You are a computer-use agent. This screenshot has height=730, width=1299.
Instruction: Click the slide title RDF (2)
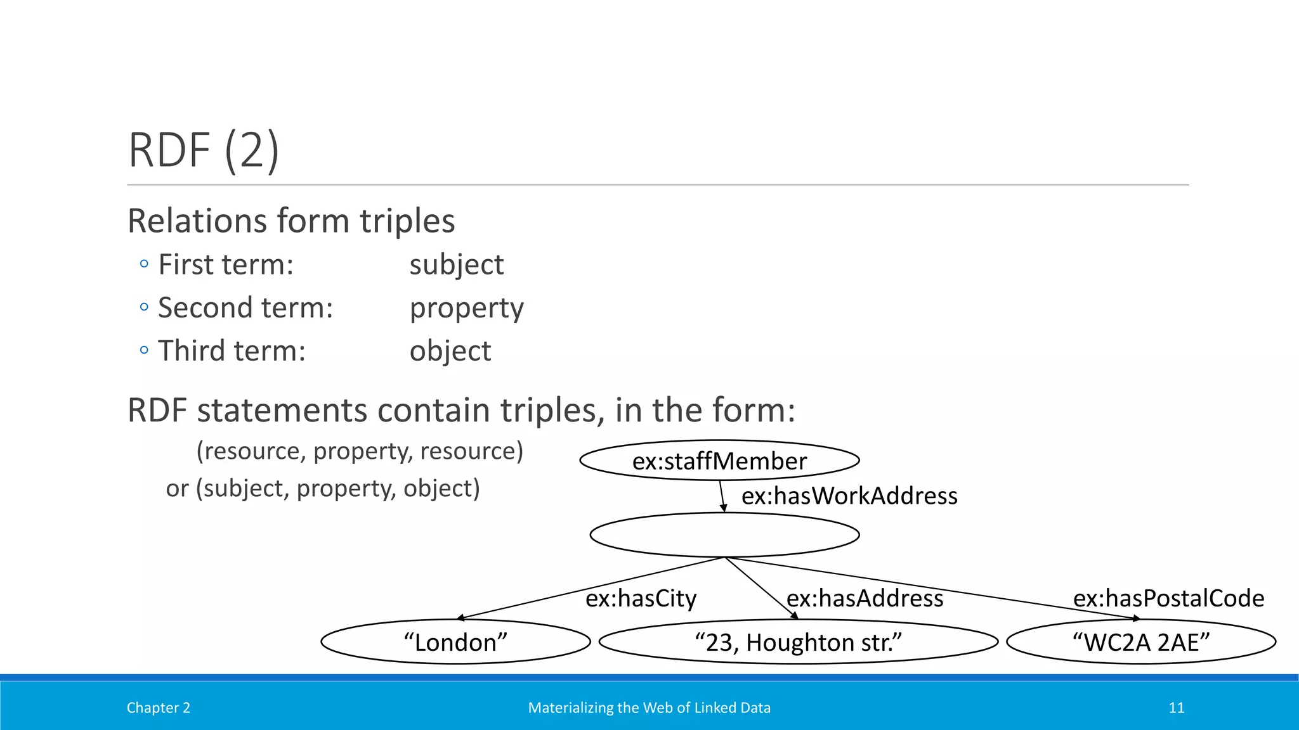click(x=204, y=150)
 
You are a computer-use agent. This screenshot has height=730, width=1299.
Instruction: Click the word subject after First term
click(x=456, y=265)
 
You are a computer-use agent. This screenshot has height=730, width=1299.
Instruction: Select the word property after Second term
click(x=466, y=309)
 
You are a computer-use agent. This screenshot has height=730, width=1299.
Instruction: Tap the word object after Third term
click(x=450, y=351)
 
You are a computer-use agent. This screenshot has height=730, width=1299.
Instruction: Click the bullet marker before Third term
click(x=144, y=350)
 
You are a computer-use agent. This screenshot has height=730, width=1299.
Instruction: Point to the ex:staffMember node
click(x=719, y=461)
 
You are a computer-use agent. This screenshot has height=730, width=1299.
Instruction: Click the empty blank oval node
click(x=724, y=535)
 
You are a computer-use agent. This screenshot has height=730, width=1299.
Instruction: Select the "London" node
click(x=455, y=642)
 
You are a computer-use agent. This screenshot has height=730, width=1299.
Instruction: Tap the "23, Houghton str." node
click(x=798, y=642)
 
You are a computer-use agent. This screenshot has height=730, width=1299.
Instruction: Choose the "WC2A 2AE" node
click(x=1140, y=642)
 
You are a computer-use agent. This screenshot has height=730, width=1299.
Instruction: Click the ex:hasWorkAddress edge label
click(x=849, y=496)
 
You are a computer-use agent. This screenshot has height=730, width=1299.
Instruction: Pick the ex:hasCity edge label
click(x=641, y=598)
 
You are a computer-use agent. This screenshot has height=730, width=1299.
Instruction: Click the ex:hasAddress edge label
click(x=865, y=598)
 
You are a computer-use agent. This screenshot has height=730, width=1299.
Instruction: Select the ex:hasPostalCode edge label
click(x=1168, y=598)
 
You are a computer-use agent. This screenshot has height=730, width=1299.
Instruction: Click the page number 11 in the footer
click(x=1176, y=708)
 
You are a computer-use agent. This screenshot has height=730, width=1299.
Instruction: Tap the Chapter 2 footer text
click(x=158, y=708)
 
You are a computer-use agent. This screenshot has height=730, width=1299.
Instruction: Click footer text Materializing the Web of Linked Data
click(x=649, y=708)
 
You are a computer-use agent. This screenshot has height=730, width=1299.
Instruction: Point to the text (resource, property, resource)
click(x=360, y=451)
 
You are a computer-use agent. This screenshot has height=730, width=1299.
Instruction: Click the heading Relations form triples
click(x=291, y=221)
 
